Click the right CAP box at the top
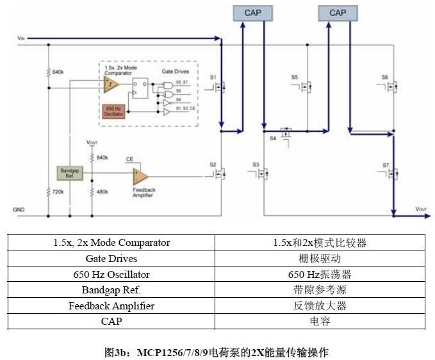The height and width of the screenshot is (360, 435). [x=337, y=13]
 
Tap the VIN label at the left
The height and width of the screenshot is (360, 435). [x=21, y=39]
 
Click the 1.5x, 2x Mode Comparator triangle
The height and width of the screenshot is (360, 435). [x=112, y=84]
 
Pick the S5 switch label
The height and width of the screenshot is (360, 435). [x=295, y=77]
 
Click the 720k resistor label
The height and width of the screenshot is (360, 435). [x=58, y=192]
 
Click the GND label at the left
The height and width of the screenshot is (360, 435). [x=19, y=209]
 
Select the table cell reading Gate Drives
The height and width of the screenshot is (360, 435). [x=111, y=259]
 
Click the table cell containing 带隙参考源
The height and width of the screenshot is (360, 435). [x=320, y=290]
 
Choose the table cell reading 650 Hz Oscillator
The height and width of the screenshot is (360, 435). [x=111, y=274]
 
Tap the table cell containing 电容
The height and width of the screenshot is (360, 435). [x=320, y=322]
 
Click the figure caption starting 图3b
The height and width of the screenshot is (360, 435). [x=217, y=352]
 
